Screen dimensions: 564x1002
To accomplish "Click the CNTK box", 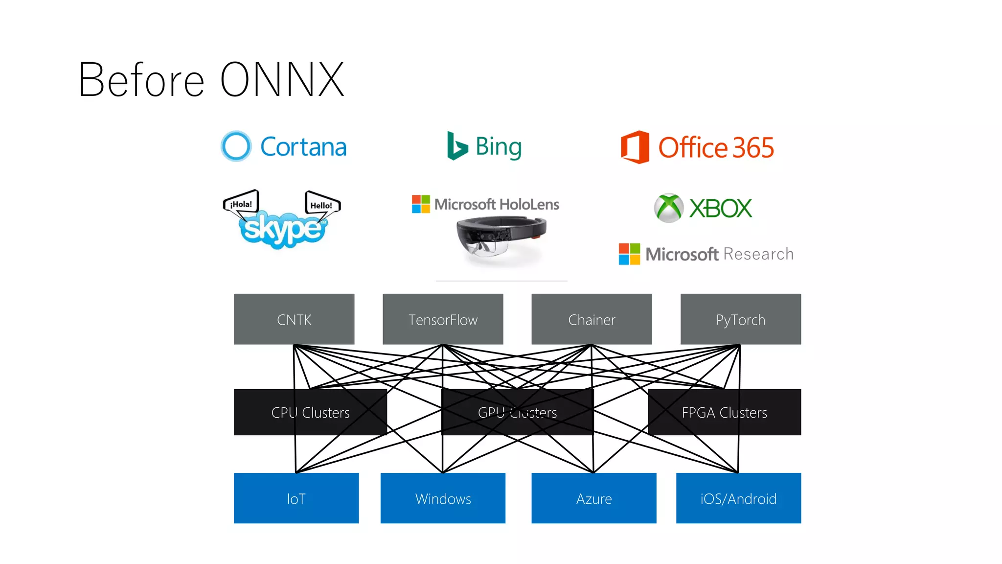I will point(294,319).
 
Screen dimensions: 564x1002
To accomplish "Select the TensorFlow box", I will point(443,319).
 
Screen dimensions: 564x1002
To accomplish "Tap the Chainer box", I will point(592,319).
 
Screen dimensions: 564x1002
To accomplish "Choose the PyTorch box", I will point(740,319).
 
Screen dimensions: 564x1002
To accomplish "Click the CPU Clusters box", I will point(310,412).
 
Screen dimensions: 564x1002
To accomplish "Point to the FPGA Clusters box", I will point(724,412).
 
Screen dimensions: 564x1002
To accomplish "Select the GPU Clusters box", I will point(517,412).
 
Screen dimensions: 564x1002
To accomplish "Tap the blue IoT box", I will point(296,498).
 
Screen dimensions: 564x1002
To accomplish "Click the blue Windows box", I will point(443,498).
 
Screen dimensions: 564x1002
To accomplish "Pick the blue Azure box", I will point(593,498).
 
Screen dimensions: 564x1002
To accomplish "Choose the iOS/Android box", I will point(738,498).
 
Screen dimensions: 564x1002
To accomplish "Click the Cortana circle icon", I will point(236,146).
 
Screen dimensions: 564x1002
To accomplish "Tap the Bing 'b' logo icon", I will point(457,146).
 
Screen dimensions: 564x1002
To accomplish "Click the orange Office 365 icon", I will point(635,147).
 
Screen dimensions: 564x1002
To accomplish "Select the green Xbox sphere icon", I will point(669,208).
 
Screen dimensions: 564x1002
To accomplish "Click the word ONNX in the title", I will point(282,80).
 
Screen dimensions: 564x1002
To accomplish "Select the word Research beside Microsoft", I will point(758,254).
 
